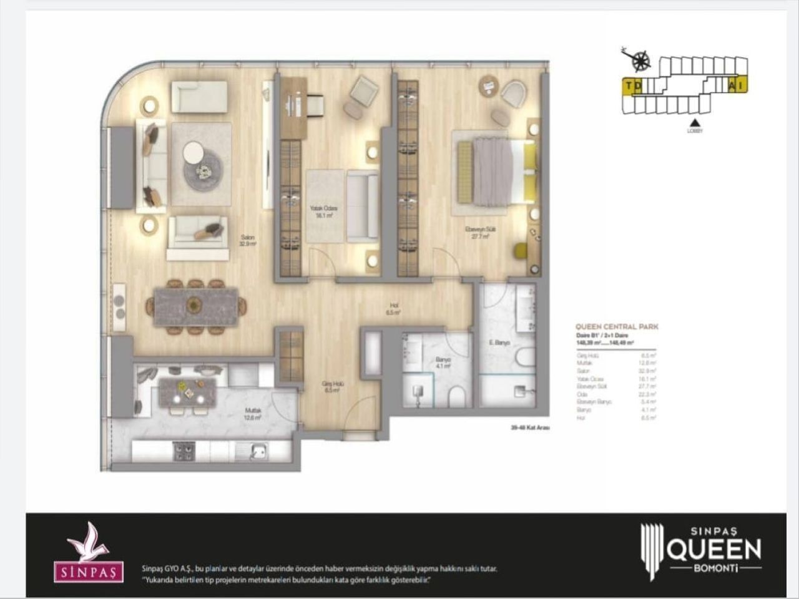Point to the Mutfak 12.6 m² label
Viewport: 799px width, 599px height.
tap(252, 414)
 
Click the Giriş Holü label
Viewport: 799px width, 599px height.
tap(331, 387)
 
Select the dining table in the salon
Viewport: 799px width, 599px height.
tap(195, 306)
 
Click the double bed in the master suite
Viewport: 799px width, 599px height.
tap(493, 171)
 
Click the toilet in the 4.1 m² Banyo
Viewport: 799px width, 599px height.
tap(457, 397)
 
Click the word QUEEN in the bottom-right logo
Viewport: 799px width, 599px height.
tap(714, 549)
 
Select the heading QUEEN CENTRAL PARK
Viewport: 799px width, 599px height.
tap(617, 326)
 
